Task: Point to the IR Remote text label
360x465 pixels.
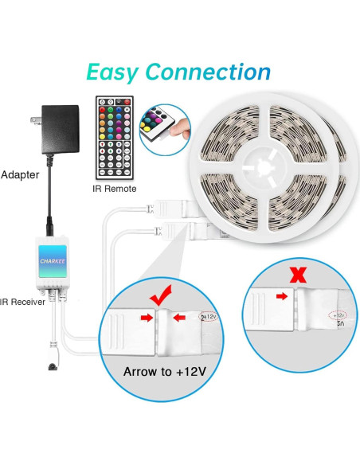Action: pos(114,189)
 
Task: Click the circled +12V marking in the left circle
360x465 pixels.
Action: pos(209,316)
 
